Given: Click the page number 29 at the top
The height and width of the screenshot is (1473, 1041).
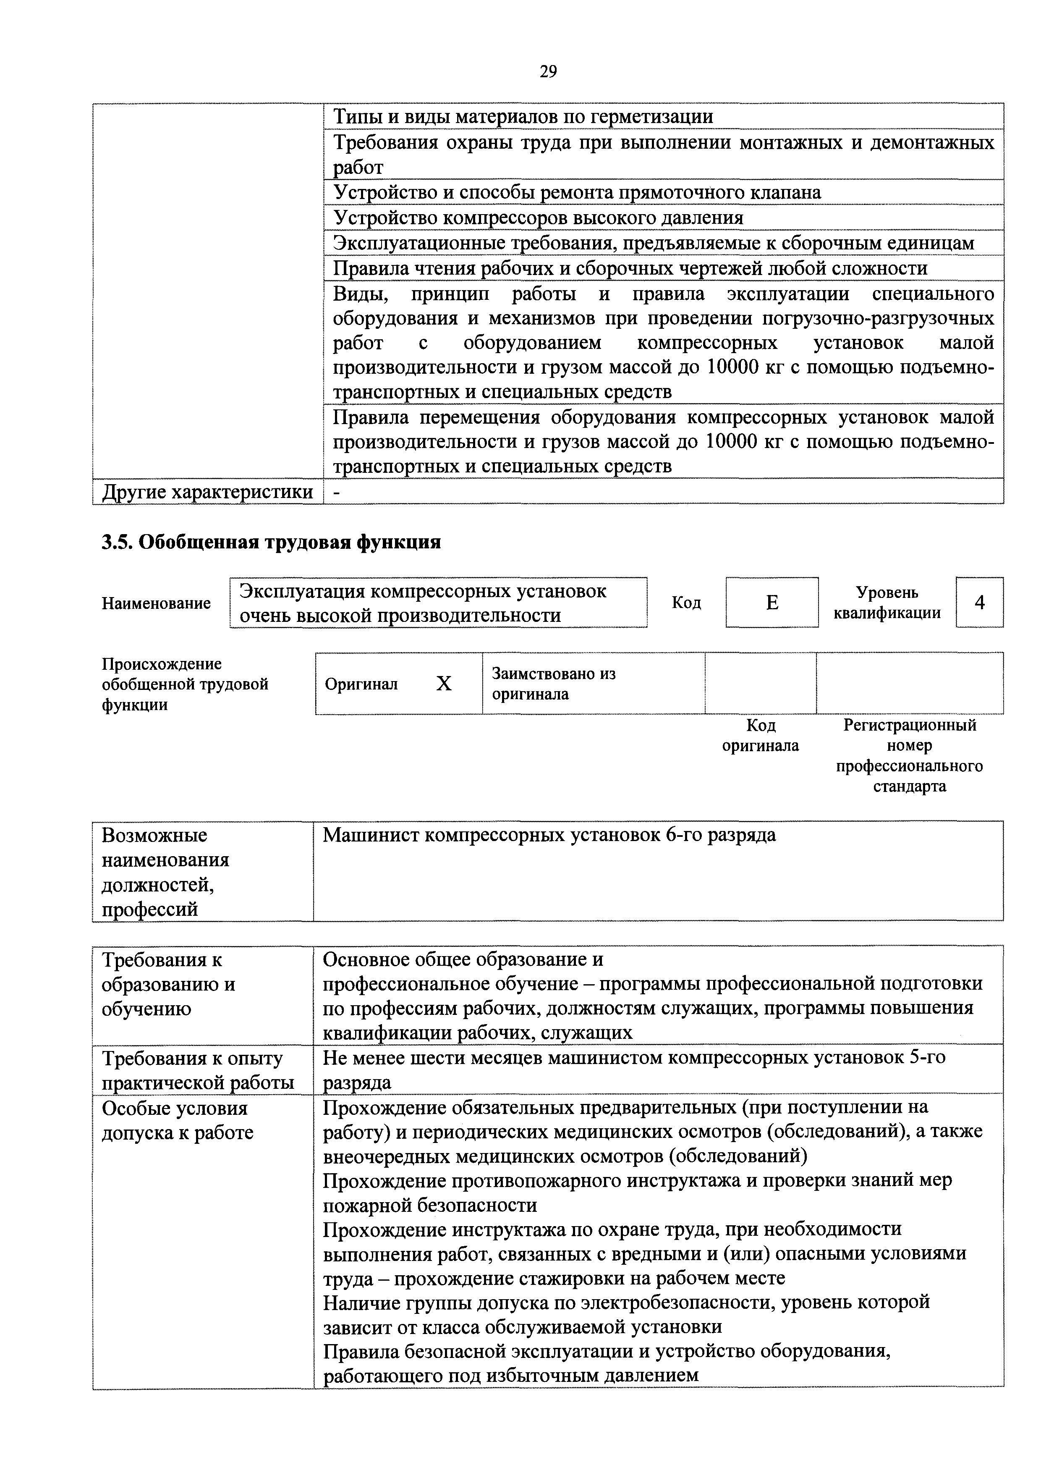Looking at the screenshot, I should click(548, 71).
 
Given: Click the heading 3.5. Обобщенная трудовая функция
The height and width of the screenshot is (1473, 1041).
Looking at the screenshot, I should click(271, 542).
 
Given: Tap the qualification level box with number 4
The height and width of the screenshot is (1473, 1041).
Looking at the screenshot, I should click(979, 603).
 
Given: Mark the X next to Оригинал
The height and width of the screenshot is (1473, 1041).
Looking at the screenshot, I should click(444, 684).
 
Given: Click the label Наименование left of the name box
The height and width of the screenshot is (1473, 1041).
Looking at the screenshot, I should click(156, 603).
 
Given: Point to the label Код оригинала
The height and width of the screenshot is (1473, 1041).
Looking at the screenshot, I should click(760, 735).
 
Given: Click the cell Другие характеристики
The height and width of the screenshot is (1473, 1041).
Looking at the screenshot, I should click(208, 492).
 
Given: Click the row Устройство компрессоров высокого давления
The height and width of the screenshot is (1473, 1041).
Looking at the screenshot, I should click(538, 218).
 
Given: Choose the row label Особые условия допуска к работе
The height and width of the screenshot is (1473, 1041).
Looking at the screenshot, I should click(178, 1120).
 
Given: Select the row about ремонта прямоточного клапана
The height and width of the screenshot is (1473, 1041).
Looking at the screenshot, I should click(577, 192).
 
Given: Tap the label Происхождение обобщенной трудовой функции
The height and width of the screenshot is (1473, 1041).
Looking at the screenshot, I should click(185, 684).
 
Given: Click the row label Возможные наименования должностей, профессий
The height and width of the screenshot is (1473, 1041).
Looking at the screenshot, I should click(165, 872).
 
